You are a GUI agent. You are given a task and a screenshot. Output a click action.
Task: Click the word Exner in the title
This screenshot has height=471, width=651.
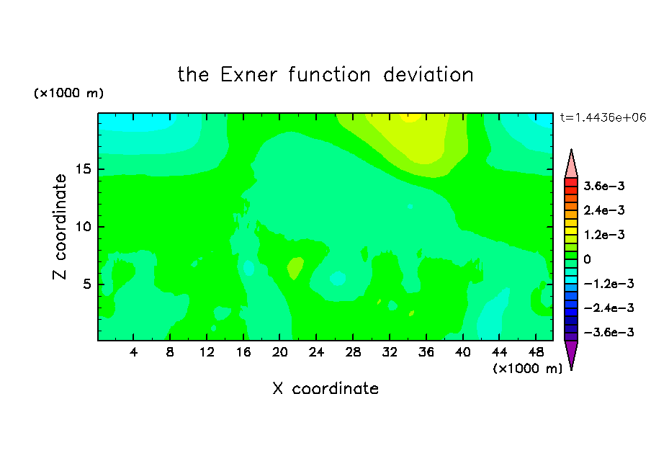tap(248, 75)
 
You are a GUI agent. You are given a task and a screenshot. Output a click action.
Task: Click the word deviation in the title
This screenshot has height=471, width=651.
tap(428, 75)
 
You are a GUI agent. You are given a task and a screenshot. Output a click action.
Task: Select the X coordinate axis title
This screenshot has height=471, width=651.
tap(325, 388)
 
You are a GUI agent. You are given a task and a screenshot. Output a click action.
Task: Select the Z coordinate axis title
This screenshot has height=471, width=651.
tap(60, 226)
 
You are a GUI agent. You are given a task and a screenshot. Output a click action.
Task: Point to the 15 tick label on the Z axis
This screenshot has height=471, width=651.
tap(83, 169)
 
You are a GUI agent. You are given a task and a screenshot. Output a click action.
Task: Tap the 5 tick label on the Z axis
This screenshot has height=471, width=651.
tap(86, 284)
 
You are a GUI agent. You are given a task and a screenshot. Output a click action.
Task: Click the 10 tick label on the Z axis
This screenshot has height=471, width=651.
tap(83, 227)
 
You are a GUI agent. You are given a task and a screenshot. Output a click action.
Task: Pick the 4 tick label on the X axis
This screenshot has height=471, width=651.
tap(133, 352)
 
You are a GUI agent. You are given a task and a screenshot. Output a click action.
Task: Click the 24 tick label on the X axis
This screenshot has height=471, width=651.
tap(316, 352)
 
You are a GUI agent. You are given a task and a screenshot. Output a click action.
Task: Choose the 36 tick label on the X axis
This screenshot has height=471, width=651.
tap(426, 352)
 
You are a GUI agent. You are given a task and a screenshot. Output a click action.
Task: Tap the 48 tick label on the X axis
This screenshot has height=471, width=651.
tap(536, 352)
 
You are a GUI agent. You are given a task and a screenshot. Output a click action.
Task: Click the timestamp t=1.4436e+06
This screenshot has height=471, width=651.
tap(603, 117)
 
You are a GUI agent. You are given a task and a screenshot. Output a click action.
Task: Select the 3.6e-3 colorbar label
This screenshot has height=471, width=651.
tap(604, 186)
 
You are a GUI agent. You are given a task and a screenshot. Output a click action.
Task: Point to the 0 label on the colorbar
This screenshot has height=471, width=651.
tap(587, 259)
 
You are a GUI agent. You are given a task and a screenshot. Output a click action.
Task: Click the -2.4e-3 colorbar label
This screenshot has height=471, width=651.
tap(609, 308)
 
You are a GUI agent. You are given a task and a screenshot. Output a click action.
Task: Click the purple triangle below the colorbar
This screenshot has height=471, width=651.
tap(571, 353)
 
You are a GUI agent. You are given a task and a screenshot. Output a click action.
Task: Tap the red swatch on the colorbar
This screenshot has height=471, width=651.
tap(571, 182)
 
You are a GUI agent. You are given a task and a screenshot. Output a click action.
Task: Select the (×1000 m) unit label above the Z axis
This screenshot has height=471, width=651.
tap(68, 93)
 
